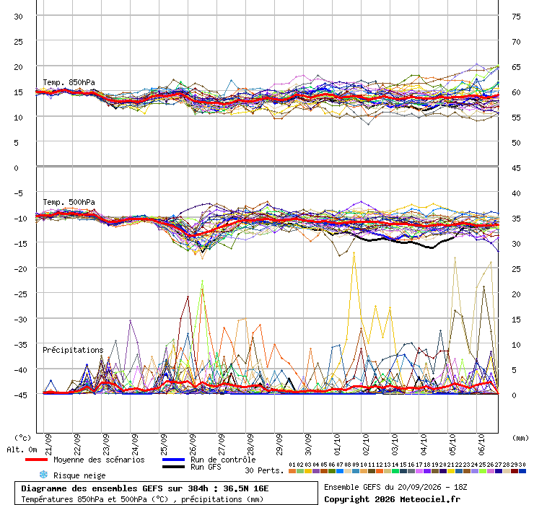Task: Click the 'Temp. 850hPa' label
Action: click(x=69, y=82)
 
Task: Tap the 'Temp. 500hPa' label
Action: click(x=69, y=202)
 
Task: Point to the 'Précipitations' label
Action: click(x=73, y=350)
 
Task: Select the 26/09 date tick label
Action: click(x=193, y=444)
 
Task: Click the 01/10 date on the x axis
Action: click(x=337, y=444)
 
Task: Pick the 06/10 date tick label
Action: click(x=481, y=444)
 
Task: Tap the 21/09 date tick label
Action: click(x=48, y=444)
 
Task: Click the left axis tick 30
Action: click(x=18, y=17)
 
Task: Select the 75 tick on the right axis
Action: click(x=516, y=17)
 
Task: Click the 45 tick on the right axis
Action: click(x=516, y=168)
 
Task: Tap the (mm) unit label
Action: click(x=520, y=438)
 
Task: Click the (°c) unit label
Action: click(x=22, y=438)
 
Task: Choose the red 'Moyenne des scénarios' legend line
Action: click(x=36, y=460)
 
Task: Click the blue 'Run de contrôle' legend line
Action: click(x=174, y=460)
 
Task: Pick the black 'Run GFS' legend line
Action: click(x=174, y=467)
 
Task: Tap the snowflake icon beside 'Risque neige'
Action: click(x=43, y=475)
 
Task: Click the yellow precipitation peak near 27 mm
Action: click(x=354, y=253)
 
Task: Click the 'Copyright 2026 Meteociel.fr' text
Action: click(x=392, y=499)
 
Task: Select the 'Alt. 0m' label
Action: click(x=22, y=450)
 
